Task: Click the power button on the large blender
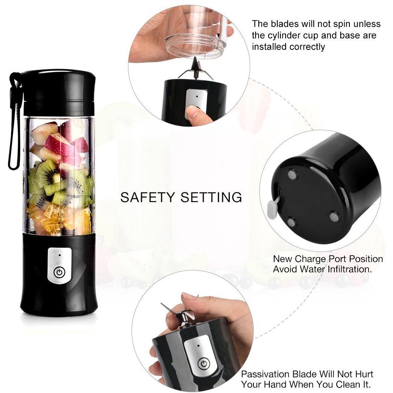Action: tap(59, 272)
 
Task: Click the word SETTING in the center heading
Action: tap(211, 197)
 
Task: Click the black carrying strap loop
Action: tap(14, 120)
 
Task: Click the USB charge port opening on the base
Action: tap(279, 192)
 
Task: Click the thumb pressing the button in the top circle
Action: tap(199, 115)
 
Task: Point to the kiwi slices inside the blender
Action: tap(59, 186)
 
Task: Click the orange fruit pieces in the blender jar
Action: tap(60, 217)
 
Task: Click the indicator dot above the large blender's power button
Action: tap(60, 255)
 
